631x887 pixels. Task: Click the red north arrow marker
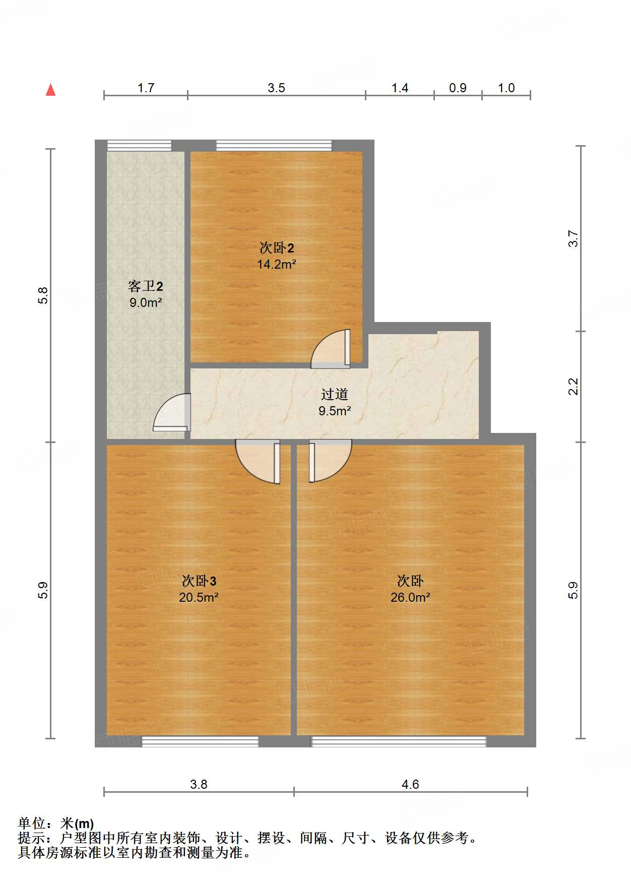(50, 90)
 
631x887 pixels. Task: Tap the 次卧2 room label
(277, 247)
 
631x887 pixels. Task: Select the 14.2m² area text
(276, 264)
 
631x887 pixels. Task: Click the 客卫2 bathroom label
(146, 286)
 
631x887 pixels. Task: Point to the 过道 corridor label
(335, 394)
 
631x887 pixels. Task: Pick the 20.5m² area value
(199, 597)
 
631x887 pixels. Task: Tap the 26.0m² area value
(410, 597)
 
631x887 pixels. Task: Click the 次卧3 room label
(199, 581)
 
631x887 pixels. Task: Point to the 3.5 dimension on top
(276, 88)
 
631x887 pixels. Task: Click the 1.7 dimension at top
(146, 88)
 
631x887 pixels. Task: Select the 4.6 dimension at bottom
(410, 784)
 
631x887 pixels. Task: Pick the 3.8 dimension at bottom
(199, 784)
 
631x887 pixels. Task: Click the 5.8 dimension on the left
(43, 295)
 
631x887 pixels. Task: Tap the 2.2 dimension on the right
(574, 387)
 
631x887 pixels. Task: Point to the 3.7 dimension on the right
(574, 238)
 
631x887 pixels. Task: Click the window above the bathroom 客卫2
(139, 146)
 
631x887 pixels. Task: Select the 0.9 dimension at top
(458, 88)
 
